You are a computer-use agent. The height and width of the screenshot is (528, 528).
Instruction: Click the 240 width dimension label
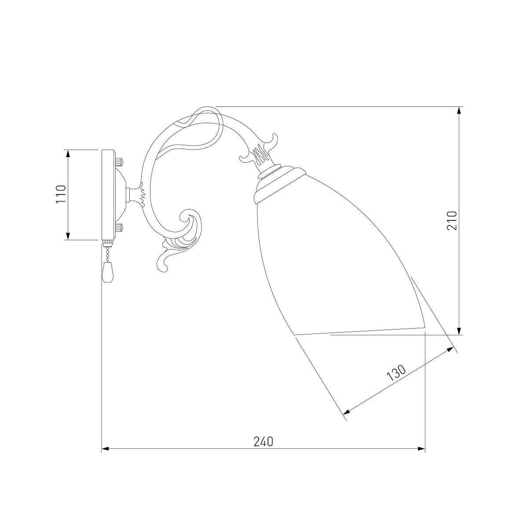264,441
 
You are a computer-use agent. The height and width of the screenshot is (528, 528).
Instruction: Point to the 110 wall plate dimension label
61,194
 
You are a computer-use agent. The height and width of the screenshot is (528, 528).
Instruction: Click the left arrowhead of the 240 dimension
106,456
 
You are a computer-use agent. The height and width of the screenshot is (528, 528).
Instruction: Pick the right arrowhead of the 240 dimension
421,456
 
